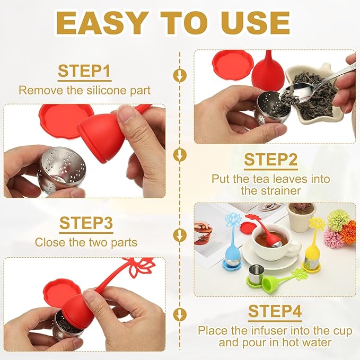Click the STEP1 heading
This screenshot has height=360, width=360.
[84, 71]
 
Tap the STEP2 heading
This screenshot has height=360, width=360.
[271, 160]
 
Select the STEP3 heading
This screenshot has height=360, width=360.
[86, 223]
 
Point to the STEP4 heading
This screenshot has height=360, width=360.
[275, 311]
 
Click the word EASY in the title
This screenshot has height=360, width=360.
[101, 23]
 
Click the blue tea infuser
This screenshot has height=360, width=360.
[231, 243]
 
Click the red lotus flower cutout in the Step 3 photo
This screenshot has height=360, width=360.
[139, 266]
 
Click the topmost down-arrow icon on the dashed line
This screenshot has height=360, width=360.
[180, 75]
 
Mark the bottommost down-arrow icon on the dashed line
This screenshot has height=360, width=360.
[180, 314]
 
